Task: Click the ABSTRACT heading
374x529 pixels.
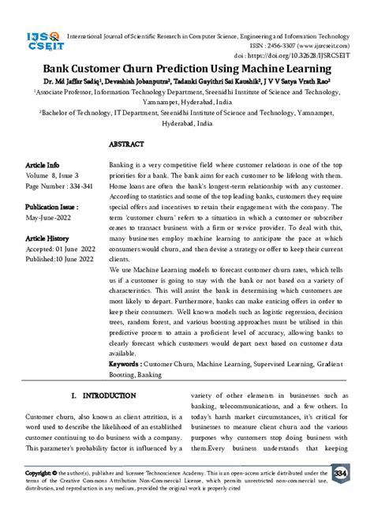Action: [126, 145]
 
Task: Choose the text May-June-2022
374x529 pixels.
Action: [49, 217]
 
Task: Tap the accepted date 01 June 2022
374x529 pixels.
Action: [76, 247]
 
